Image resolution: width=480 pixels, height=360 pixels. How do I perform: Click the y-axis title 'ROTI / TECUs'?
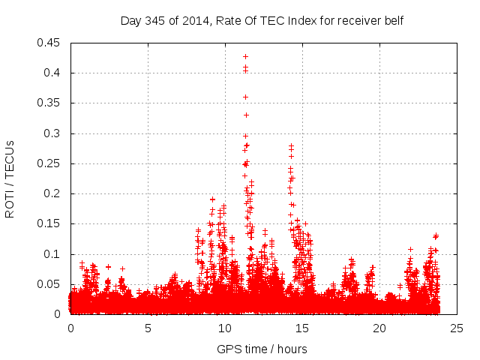click(10, 178)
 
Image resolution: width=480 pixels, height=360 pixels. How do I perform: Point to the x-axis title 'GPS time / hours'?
click(262, 349)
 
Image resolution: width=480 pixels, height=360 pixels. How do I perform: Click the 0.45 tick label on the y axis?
click(51, 43)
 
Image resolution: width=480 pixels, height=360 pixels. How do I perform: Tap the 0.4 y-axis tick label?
click(54, 73)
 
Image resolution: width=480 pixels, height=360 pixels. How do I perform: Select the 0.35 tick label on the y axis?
click(51, 103)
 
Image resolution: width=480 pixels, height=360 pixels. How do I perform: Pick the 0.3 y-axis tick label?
click(54, 133)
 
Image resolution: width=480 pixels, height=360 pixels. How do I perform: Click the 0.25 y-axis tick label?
click(51, 163)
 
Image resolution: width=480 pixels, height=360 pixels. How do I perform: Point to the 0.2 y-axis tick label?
click(54, 193)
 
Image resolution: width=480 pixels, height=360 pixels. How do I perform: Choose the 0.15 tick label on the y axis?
click(51, 223)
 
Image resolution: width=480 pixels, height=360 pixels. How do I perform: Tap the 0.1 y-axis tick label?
click(54, 254)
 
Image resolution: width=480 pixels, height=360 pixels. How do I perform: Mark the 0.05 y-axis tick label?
click(51, 284)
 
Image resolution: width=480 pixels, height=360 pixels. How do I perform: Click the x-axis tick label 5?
click(148, 328)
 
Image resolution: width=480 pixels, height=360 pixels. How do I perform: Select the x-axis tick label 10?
click(225, 328)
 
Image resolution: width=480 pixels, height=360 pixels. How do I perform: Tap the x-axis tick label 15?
click(302, 328)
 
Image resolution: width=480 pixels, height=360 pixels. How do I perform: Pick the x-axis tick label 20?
click(379, 328)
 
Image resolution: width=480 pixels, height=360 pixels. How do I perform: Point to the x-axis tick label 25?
click(457, 328)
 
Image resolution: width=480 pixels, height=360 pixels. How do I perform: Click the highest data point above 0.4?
click(245, 56)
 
